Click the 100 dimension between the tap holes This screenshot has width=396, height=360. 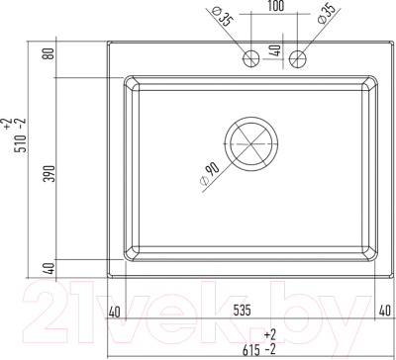[275, 6]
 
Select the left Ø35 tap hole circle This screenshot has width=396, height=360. [251, 59]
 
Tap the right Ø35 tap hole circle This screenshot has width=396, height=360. [298, 59]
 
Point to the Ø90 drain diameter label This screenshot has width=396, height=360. [210, 174]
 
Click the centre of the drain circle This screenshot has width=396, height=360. [251, 144]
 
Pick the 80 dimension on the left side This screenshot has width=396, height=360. [49, 53]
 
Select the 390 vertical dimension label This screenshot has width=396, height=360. [49, 174]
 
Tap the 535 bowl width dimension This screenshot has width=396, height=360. [242, 311]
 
